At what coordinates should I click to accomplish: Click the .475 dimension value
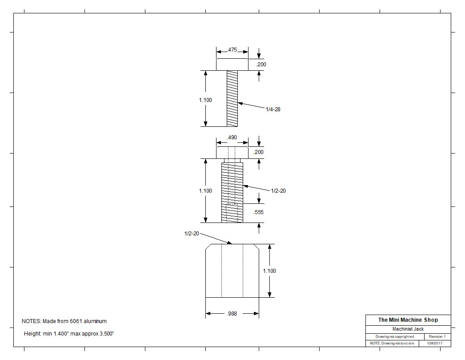tap(232, 50)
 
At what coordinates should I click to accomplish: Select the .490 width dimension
tap(232, 138)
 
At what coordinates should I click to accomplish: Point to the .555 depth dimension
tap(258, 212)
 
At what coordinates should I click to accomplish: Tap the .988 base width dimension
tap(232, 314)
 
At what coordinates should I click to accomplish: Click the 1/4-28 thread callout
tap(273, 109)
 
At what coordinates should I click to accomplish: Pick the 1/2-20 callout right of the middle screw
tap(278, 191)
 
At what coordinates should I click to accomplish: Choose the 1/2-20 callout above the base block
tap(192, 234)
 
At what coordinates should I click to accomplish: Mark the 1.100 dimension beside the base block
tap(269, 271)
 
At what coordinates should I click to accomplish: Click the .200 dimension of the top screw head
tap(261, 65)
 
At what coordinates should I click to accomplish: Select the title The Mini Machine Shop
tap(408, 320)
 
